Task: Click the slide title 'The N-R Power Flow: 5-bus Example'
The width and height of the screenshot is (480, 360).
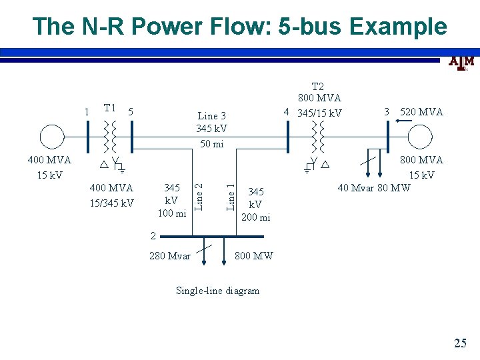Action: click(239, 26)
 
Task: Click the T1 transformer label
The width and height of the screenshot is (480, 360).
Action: click(110, 108)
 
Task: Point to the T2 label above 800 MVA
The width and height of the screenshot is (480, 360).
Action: click(317, 86)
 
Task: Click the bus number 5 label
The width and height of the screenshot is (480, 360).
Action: click(131, 111)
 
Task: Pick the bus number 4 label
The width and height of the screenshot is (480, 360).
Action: click(286, 111)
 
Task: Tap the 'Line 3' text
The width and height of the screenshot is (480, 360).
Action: click(212, 116)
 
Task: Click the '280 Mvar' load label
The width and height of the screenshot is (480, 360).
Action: click(169, 255)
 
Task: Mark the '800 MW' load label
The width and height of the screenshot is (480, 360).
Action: click(254, 255)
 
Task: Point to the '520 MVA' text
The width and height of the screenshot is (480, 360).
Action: click(421, 112)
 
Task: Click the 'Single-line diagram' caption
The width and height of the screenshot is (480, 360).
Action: click(217, 290)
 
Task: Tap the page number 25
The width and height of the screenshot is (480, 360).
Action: click(460, 343)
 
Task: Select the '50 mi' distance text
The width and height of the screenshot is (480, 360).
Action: click(211, 145)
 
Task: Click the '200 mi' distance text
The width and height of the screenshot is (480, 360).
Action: click(255, 217)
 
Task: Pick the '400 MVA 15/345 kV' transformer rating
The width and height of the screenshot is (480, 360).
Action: click(111, 195)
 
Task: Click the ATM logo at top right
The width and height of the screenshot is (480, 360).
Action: click(461, 62)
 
